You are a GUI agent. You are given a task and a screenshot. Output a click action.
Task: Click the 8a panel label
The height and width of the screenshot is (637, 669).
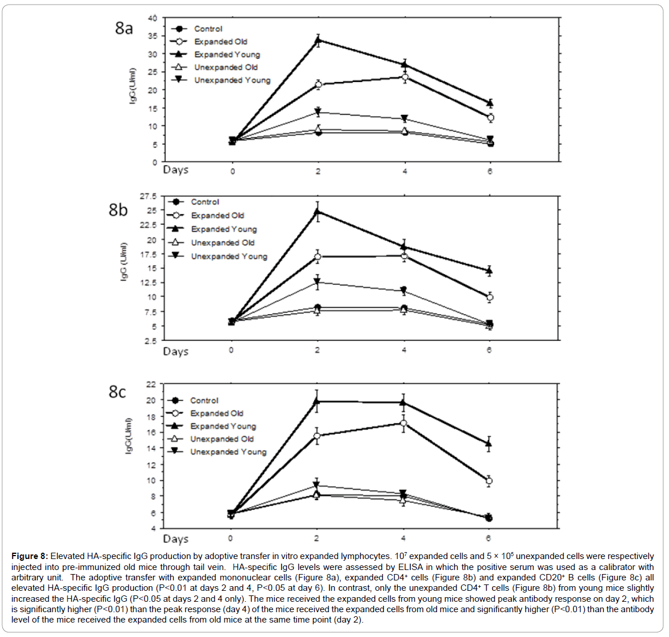[x=124, y=28]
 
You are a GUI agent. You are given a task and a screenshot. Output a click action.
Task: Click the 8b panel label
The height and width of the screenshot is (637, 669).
[x=118, y=210]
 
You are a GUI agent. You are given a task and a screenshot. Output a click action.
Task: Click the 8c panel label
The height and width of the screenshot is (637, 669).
[x=117, y=392]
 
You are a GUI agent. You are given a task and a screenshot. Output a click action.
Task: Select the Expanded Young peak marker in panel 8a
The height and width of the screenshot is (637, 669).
[x=318, y=40]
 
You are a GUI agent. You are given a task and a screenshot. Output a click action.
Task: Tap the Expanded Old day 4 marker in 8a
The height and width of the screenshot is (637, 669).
[x=405, y=77]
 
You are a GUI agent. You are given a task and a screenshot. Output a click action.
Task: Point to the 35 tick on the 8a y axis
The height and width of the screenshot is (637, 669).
[x=152, y=36]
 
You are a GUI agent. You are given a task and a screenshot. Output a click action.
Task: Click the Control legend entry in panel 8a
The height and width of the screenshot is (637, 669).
[x=208, y=29]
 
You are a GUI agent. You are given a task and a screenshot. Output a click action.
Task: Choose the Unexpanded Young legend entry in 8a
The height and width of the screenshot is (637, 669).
[x=232, y=80]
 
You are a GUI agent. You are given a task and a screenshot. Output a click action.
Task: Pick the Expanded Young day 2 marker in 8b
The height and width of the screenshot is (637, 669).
[x=317, y=211]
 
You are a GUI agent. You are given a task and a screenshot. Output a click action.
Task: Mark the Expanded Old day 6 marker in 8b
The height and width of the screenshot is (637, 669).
[x=489, y=297]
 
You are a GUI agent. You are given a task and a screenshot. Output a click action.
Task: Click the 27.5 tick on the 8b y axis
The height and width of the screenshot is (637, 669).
[x=148, y=196]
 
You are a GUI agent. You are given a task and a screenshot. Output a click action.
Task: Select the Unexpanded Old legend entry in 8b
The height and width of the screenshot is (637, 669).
[x=222, y=243]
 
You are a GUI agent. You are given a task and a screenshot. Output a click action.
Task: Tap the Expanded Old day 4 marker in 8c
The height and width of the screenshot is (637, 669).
[x=403, y=423]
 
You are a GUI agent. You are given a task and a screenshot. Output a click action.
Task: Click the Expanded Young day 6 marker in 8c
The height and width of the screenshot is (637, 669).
[x=489, y=444]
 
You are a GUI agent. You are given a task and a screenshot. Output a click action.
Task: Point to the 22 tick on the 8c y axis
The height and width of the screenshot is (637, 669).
[x=151, y=384]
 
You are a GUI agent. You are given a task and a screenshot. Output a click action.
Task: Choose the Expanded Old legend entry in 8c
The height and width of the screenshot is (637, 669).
[x=216, y=414]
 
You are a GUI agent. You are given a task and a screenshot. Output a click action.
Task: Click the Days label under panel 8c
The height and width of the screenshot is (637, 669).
[x=175, y=539]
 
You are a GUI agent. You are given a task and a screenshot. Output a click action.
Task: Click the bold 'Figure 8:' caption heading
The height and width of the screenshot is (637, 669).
[x=29, y=556]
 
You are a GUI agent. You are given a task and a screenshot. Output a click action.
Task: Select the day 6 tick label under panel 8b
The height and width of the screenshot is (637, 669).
[x=489, y=350]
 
